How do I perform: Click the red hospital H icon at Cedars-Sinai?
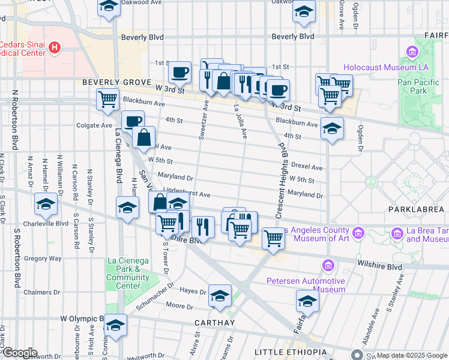point(55,47)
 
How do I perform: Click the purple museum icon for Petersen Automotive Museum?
point(328,265)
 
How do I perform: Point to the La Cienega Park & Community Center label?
point(128,273)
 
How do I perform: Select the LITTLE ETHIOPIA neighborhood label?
point(291,352)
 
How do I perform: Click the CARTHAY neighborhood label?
point(214,323)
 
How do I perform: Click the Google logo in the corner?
point(19,353)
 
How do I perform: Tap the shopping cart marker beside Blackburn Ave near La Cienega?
point(108,99)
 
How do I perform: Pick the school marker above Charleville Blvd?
point(45,204)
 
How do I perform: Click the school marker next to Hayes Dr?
point(220,295)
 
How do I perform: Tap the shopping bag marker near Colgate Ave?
point(144,138)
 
